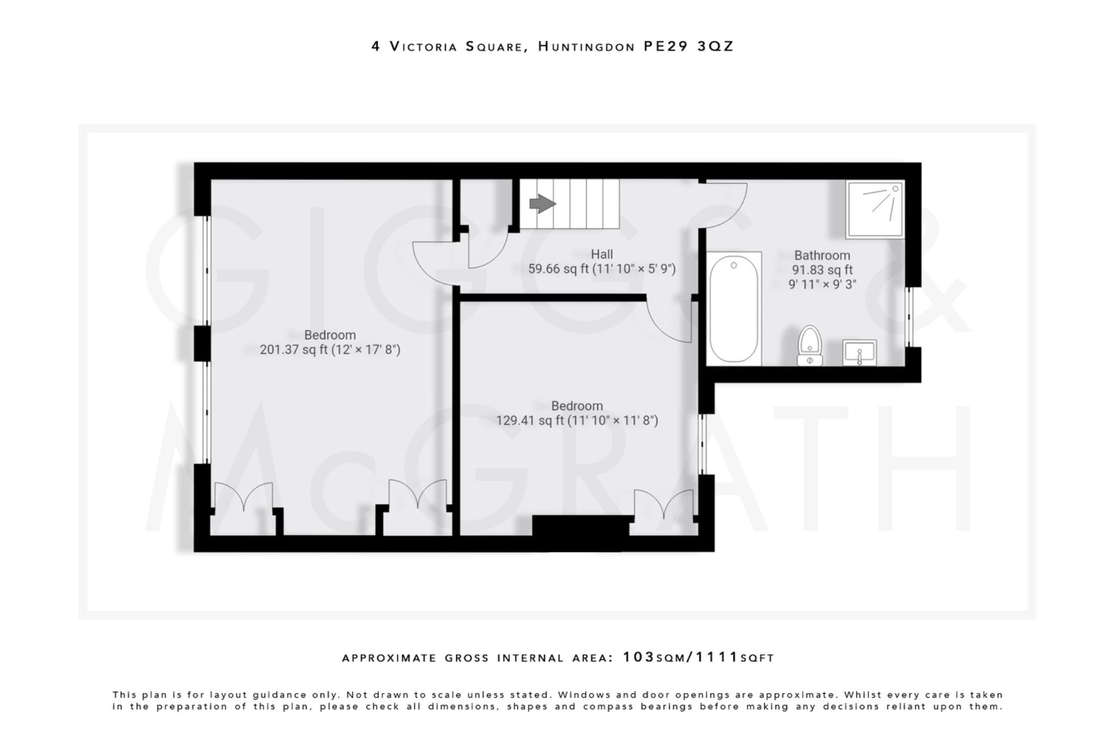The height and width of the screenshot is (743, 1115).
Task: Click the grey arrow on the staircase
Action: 542,204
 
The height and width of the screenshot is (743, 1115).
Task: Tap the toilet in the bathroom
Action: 810,346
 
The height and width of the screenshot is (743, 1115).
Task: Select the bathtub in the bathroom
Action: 733,309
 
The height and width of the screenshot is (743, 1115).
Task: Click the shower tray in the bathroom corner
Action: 875,209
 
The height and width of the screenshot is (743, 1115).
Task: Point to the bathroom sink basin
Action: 859,352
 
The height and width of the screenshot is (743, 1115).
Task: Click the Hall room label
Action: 602,254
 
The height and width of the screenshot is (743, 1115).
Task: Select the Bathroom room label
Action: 822,255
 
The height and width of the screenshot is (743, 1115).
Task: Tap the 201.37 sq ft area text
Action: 294,349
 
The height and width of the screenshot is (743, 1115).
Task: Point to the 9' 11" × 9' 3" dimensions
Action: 822,284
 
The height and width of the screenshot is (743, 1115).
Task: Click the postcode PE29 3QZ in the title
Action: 688,46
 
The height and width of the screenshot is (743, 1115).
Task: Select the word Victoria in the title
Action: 423,47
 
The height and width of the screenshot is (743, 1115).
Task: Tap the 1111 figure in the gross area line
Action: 717,657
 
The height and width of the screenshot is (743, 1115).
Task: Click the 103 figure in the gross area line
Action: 638,657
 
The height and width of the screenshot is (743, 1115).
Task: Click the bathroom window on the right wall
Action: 909,317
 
